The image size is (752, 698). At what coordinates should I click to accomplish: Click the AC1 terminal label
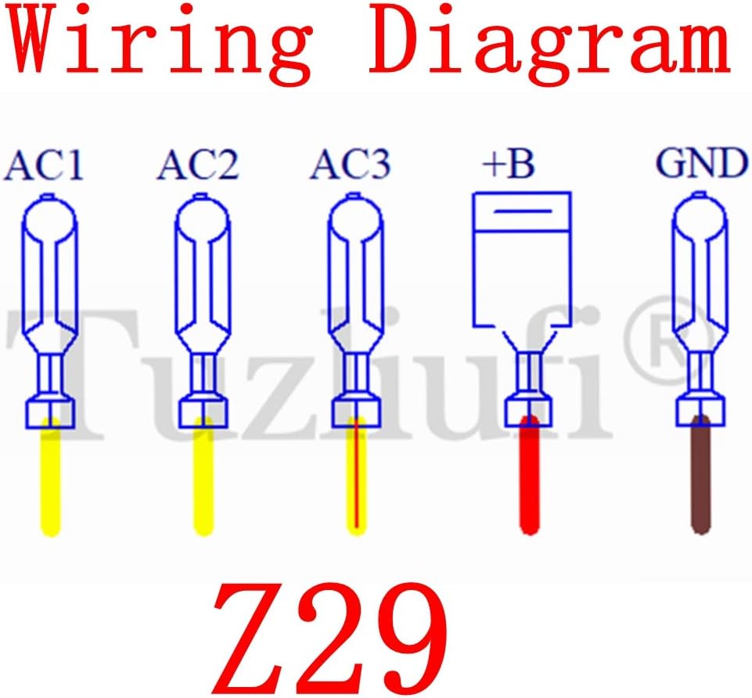pos(45,166)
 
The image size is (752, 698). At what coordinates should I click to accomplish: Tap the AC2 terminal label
pos(199,166)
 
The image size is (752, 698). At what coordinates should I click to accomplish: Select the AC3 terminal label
pos(351,166)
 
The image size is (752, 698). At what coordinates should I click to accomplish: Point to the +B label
pos(509,166)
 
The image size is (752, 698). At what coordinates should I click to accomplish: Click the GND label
pos(700,166)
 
